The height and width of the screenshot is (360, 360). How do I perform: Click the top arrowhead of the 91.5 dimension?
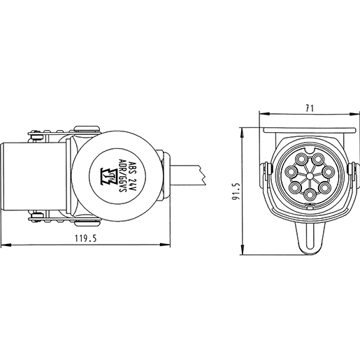pos(242,130)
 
